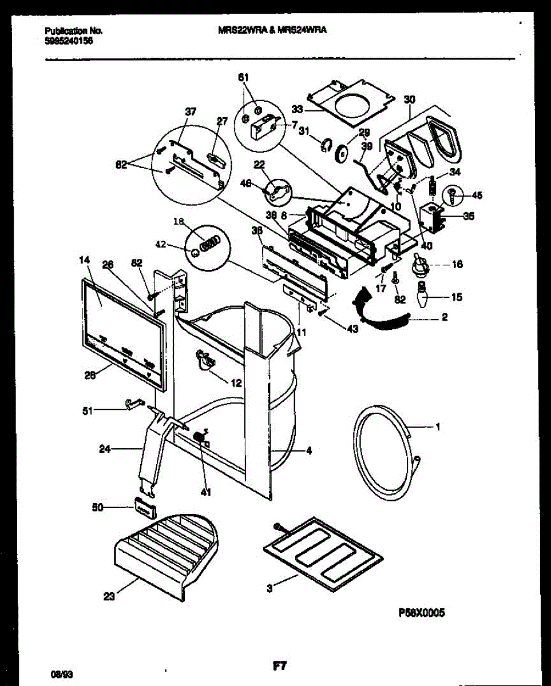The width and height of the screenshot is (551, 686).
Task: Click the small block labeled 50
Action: (145, 505)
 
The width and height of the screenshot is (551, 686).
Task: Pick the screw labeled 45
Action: (452, 194)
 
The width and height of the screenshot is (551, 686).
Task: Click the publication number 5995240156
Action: (69, 41)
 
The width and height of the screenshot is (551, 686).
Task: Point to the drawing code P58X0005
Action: (421, 613)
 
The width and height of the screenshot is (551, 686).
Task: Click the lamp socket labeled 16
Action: (422, 265)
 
